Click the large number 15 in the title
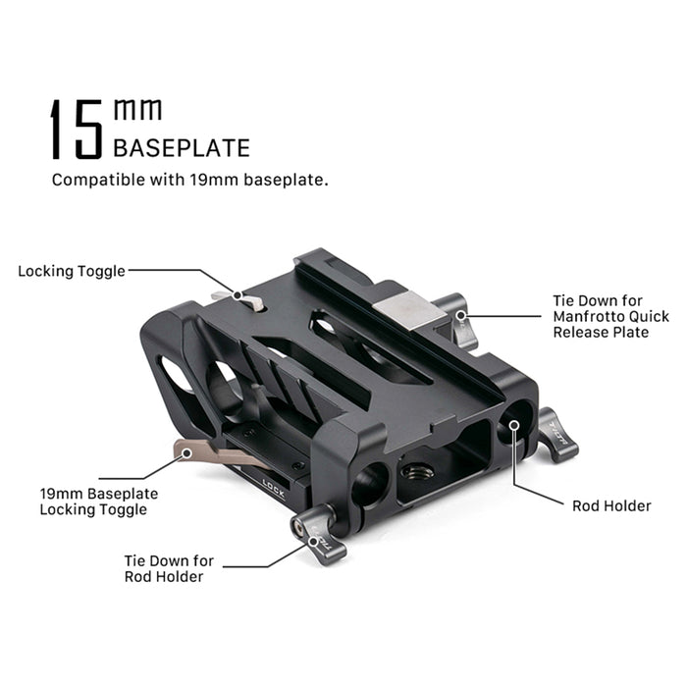77,129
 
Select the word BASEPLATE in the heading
182,147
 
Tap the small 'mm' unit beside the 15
137,109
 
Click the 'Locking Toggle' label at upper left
72,271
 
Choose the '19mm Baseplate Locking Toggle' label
99,502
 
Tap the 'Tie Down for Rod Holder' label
169,568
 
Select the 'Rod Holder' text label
611,506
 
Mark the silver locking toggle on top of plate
238,300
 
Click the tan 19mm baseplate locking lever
215,453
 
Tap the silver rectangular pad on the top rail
409,310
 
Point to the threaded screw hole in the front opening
417,472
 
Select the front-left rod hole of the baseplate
369,483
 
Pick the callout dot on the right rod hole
515,425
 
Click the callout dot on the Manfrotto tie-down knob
460,315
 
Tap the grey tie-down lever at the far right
557,435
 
